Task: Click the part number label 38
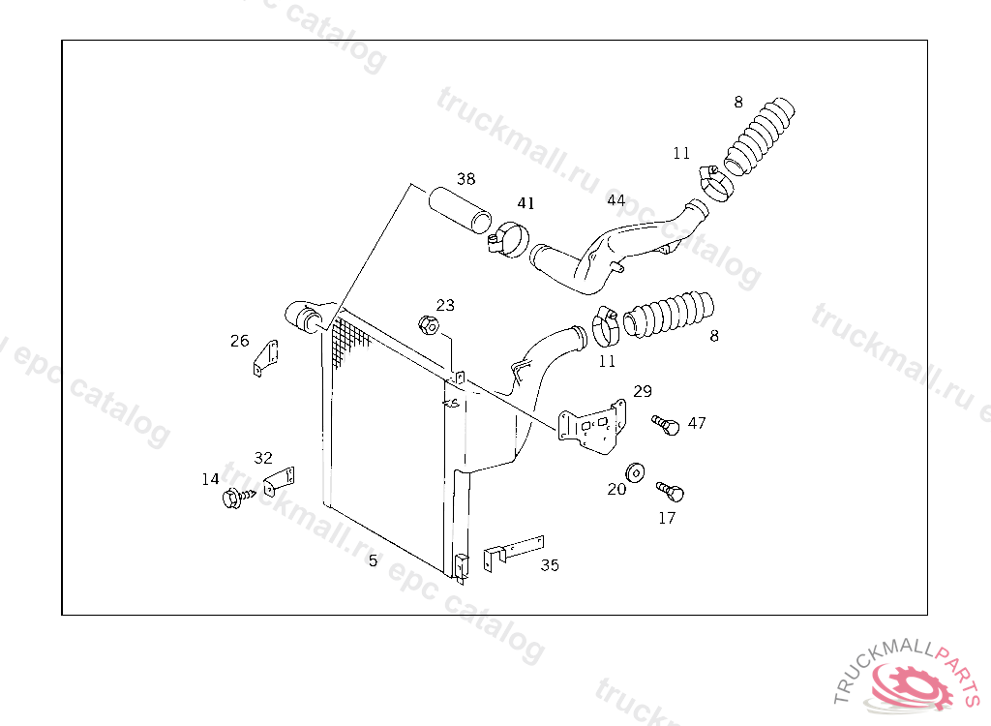pos(465,179)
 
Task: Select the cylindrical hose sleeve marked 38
pos(460,209)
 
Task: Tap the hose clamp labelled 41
pos(509,240)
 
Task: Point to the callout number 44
pos(616,200)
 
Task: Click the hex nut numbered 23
pos(429,325)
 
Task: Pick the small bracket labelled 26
pos(266,358)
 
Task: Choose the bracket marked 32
pos(279,481)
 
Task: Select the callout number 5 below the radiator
pos(373,560)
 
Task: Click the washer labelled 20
pos(635,472)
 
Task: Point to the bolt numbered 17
pos(671,491)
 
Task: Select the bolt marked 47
pos(666,424)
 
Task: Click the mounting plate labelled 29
pos(591,427)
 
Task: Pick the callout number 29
pos(643,391)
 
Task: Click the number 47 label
pos(697,423)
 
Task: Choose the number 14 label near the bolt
pos(210,479)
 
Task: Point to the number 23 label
pos(445,306)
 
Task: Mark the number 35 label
pos(550,565)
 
